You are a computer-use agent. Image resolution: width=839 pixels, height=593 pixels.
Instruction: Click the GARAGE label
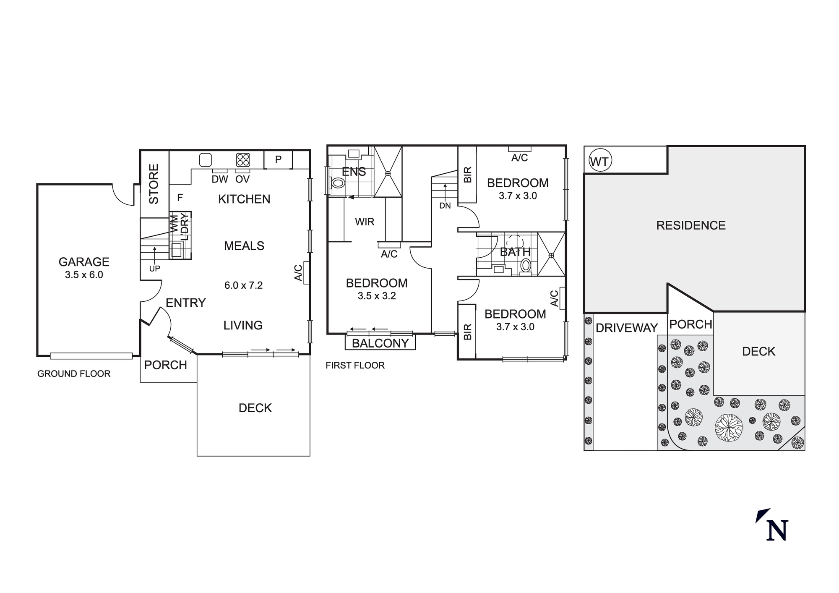pyautogui.click(x=84, y=262)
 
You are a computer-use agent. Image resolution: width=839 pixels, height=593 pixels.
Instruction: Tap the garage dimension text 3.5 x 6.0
pyautogui.click(x=84, y=275)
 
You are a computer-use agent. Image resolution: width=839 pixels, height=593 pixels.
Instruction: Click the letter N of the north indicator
pyautogui.click(x=777, y=530)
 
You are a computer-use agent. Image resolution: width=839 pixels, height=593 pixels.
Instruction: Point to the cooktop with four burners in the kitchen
pyautogui.click(x=243, y=160)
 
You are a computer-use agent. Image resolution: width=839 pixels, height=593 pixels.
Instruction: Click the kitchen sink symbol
pyautogui.click(x=205, y=160)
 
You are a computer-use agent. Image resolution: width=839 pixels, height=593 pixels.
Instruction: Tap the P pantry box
pyautogui.click(x=278, y=159)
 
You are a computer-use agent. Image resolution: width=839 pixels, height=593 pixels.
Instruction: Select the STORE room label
pyautogui.click(x=154, y=184)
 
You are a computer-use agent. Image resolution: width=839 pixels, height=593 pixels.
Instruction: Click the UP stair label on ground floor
pyautogui.click(x=154, y=269)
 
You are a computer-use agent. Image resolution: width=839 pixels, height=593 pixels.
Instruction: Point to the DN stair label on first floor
pyautogui.click(x=445, y=206)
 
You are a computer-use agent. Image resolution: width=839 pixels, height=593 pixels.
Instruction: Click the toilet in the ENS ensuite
pyautogui.click(x=338, y=183)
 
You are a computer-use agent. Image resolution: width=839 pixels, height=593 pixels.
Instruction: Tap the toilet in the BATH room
pyautogui.click(x=525, y=265)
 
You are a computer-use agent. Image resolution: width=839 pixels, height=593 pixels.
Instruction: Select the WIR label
pyautogui.click(x=365, y=222)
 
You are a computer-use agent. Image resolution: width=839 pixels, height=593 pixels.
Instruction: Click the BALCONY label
pyautogui.click(x=380, y=343)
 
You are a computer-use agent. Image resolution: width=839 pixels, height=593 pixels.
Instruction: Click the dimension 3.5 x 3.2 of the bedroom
pyautogui.click(x=377, y=296)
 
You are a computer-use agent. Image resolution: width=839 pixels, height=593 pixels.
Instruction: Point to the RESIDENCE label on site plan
pyautogui.click(x=690, y=225)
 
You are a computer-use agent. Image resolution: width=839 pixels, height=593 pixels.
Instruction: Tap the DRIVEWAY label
pyautogui.click(x=627, y=328)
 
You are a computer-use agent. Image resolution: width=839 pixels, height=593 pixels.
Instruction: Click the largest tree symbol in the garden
pyautogui.click(x=728, y=428)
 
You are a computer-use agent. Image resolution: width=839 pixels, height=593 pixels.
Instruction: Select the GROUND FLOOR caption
pyautogui.click(x=74, y=374)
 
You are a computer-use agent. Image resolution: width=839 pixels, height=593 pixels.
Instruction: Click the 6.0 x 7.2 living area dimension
pyautogui.click(x=243, y=285)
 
